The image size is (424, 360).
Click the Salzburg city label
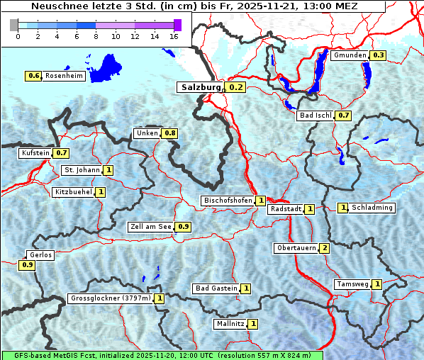(199, 87)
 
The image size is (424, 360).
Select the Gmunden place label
(350, 55)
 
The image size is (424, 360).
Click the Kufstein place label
(35, 152)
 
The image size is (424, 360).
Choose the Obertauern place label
(296, 248)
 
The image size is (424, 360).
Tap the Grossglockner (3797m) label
(110, 298)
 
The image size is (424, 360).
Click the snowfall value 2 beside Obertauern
(324, 248)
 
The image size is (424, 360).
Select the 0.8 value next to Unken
(169, 133)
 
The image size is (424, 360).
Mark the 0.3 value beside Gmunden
(378, 55)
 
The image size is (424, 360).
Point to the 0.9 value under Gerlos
(27, 265)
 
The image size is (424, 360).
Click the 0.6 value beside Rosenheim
(33, 76)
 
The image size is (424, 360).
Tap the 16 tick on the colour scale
(174, 37)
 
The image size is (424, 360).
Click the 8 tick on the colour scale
(96, 37)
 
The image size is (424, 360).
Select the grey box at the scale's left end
(14, 25)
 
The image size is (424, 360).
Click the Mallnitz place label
(230, 324)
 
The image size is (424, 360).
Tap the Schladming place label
(372, 208)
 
